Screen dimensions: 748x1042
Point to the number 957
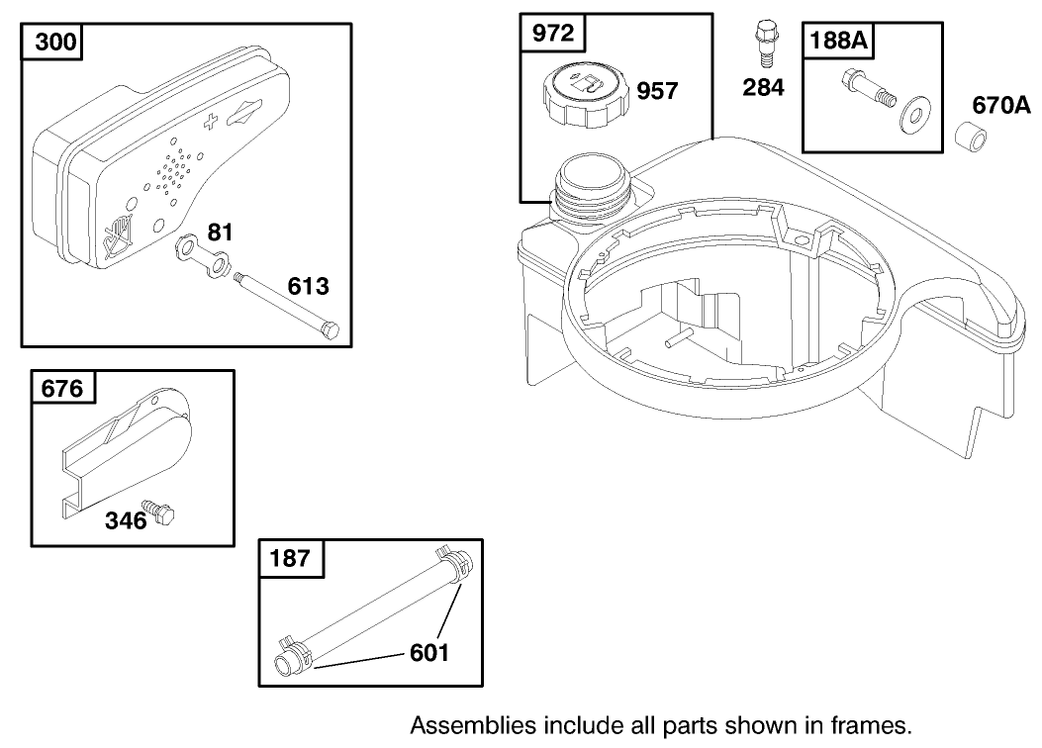pyautogui.click(x=657, y=91)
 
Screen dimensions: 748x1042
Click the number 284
pyautogui.click(x=763, y=87)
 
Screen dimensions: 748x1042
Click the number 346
pyautogui.click(x=126, y=520)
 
